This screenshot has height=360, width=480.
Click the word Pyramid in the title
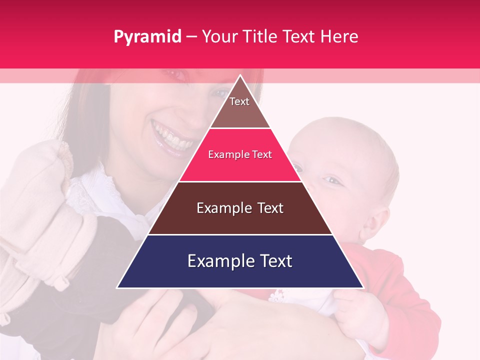pos(147,37)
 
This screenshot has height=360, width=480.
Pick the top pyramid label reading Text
pos(239,101)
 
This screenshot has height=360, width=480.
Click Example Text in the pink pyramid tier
pos(240,155)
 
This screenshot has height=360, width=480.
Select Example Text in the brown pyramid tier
pos(240,208)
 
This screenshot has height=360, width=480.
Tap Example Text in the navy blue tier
pos(240,261)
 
